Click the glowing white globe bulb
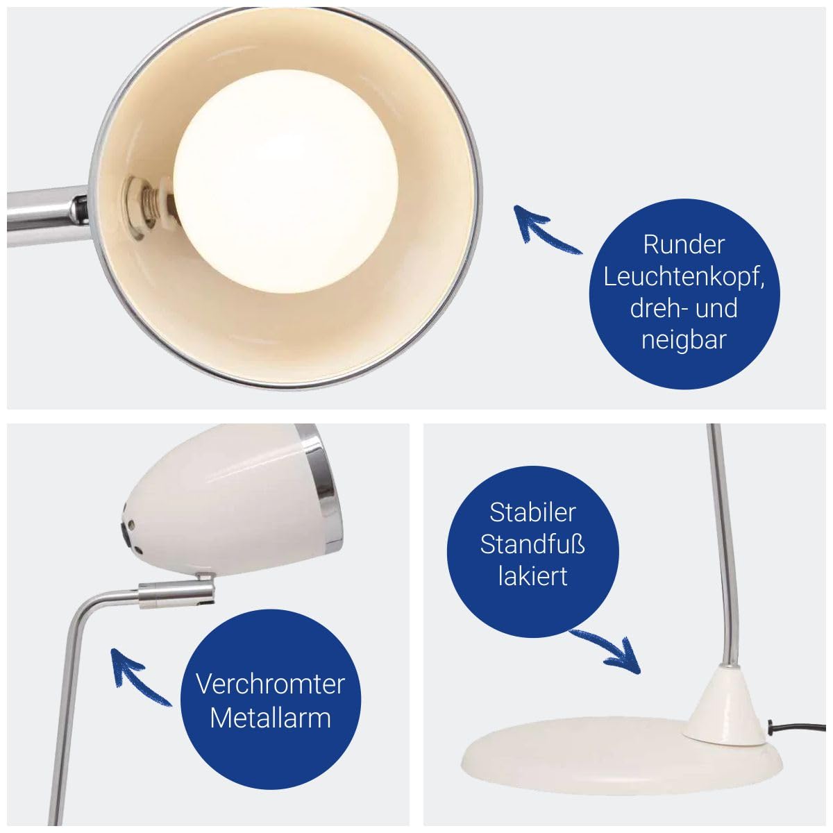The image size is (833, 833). [285, 180]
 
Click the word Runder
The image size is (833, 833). [684, 244]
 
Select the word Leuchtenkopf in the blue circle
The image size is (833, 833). [684, 277]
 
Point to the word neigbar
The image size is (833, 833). [684, 339]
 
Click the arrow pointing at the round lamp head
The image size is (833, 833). [547, 229]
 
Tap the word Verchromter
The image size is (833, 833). [270, 684]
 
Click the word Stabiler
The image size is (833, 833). [532, 512]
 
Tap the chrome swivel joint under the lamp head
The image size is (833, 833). [176, 595]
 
